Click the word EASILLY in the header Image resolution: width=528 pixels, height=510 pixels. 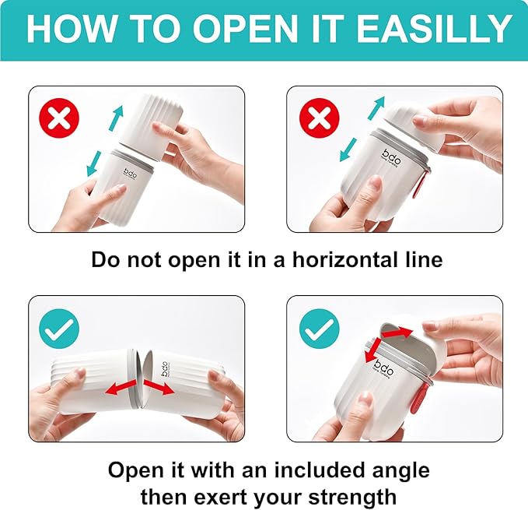[x=434, y=29]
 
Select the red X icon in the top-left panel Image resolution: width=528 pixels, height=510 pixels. [x=59, y=118]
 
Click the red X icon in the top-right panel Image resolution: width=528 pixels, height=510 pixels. [x=320, y=118]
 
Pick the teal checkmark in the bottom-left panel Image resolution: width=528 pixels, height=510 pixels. [x=59, y=329]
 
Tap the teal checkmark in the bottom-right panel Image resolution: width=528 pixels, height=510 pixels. [x=320, y=329]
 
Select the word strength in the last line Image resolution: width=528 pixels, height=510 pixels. [x=352, y=498]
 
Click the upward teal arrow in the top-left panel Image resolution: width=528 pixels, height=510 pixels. [x=116, y=118]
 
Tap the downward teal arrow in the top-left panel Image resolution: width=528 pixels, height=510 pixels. [x=93, y=164]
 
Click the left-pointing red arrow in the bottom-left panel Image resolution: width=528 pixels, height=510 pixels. [x=121, y=387]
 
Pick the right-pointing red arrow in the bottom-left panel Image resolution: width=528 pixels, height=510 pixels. [x=159, y=387]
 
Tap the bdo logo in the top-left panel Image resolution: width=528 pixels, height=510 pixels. [x=131, y=174]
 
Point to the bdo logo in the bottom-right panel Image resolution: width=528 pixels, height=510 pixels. [x=383, y=369]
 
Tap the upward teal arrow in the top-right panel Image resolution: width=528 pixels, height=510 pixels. [x=376, y=108]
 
